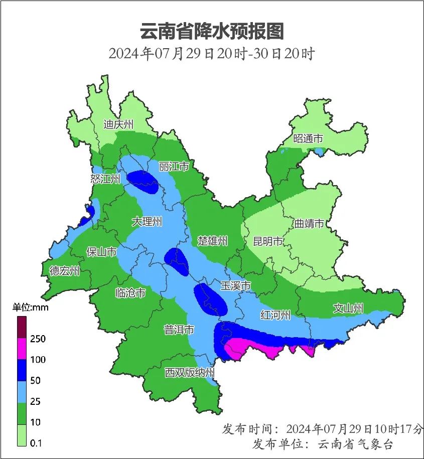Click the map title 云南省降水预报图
tap(211, 31)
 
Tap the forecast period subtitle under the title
tap(211, 53)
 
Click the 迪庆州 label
tap(118, 124)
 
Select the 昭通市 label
tap(308, 139)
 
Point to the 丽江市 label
tap(174, 167)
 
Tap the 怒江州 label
tap(106, 179)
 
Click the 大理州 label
tap(147, 221)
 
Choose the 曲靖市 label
tap(309, 224)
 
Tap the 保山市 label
tap(102, 252)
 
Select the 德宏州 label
tap(65, 271)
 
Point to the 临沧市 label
tap(130, 292)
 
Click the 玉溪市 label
tap(236, 286)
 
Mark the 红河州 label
tap(275, 315)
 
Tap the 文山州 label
tap(348, 309)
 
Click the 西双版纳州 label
tap(190, 373)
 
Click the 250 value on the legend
tap(38, 339)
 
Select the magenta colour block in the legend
tap(22, 349)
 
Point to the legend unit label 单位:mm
tap(31, 308)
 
